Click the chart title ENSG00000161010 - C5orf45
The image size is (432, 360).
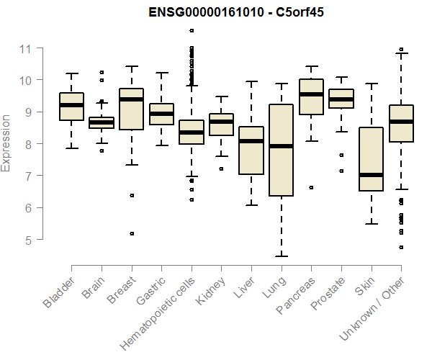tap(230, 12)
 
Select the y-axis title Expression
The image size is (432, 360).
tap(6, 143)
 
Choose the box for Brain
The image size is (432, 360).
tap(102, 122)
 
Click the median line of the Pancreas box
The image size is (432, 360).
tap(311, 94)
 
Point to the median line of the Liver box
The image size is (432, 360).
tap(251, 141)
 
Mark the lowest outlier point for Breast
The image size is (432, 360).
tap(132, 233)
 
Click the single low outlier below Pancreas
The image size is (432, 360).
tap(311, 187)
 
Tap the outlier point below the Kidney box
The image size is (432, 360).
tap(222, 168)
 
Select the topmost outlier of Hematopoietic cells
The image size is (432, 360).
tap(192, 31)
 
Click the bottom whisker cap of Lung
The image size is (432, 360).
tap(281, 256)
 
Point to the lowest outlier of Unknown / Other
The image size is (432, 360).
tap(401, 247)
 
